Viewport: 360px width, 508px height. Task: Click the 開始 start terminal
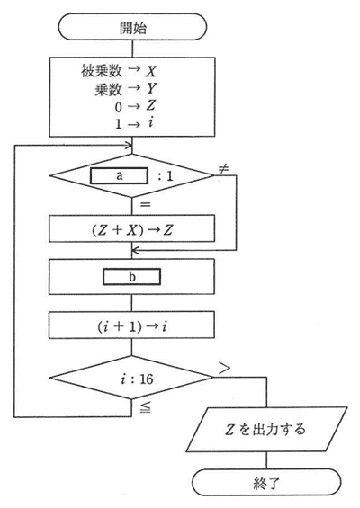[132, 27]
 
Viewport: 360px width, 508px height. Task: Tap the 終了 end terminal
[266, 482]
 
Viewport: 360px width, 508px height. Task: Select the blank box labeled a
[119, 175]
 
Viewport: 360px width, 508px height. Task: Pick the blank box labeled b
[131, 277]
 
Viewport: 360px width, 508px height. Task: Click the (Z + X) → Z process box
[131, 228]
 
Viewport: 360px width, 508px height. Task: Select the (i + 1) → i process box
[131, 325]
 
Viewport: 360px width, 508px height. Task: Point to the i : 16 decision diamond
[131, 378]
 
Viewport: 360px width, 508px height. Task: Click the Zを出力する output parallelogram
[266, 429]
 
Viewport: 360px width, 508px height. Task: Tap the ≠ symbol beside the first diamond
[223, 168]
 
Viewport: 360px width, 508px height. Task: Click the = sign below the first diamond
[145, 204]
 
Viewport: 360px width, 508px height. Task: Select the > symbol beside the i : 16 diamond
[224, 368]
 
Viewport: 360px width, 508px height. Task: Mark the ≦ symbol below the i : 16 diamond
[145, 408]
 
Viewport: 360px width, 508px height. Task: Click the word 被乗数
[102, 71]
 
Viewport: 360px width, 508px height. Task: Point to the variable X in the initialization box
[151, 71]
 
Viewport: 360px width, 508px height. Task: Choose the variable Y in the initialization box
[151, 88]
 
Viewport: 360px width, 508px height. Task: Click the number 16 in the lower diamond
[147, 379]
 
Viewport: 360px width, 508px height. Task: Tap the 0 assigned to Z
[119, 107]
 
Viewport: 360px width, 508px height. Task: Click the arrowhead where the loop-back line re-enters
[129, 145]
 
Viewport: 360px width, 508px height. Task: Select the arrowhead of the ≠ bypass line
[136, 250]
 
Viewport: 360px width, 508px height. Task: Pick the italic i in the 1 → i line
[150, 123]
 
